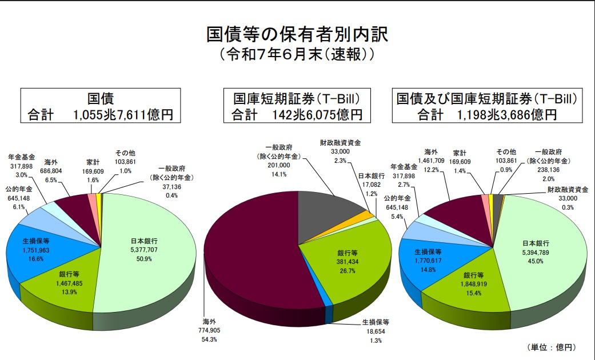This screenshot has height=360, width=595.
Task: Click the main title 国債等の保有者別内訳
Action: tap(297, 34)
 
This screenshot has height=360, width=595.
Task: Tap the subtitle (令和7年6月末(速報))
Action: tap(297, 55)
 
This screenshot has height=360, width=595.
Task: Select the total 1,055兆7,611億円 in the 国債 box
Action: tap(123, 114)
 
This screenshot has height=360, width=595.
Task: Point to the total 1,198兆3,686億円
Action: tap(506, 114)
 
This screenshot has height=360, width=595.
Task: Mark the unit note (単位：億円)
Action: tap(551, 347)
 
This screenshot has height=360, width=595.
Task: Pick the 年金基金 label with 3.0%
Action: tap(22, 157)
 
